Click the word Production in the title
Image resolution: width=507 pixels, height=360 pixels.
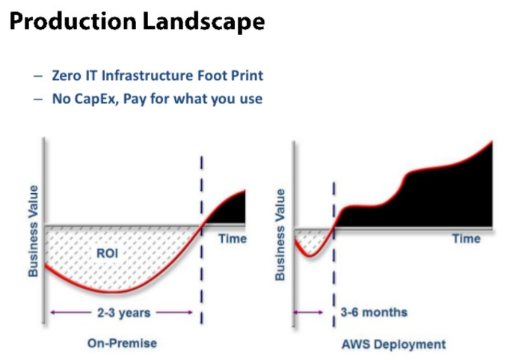point(73,22)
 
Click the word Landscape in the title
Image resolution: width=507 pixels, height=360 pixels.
point(203,22)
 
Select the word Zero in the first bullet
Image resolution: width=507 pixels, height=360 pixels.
point(67,76)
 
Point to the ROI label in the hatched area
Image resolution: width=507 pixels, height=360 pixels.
point(108,253)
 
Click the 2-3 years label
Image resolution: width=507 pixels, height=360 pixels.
point(124,313)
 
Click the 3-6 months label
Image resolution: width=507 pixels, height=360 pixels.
point(374,312)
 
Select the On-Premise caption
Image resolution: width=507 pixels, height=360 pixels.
point(122,344)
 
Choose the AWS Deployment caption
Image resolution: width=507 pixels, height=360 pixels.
point(393,344)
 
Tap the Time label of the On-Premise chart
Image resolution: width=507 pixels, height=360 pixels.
point(233,239)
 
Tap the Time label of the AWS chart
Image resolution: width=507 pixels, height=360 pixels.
point(467,239)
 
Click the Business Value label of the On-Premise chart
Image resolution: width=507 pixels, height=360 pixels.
point(33,231)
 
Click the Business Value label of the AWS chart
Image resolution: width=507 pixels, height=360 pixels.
point(280,235)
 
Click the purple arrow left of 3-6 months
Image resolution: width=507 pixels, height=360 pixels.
point(308,312)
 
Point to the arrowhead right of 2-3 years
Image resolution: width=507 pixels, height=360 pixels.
point(189,312)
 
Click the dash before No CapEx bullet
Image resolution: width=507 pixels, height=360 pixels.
point(38,100)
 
